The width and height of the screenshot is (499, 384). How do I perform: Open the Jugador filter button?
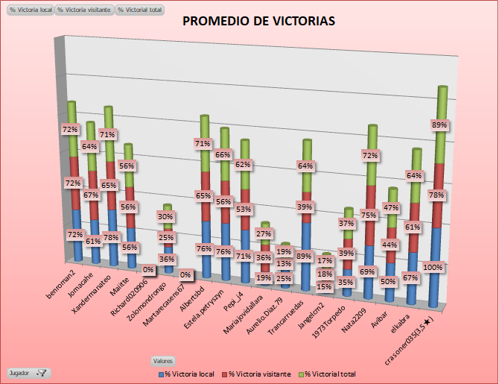click(28, 371)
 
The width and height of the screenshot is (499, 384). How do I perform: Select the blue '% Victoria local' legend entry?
click(186, 372)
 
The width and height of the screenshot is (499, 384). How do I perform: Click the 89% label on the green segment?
click(439, 125)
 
